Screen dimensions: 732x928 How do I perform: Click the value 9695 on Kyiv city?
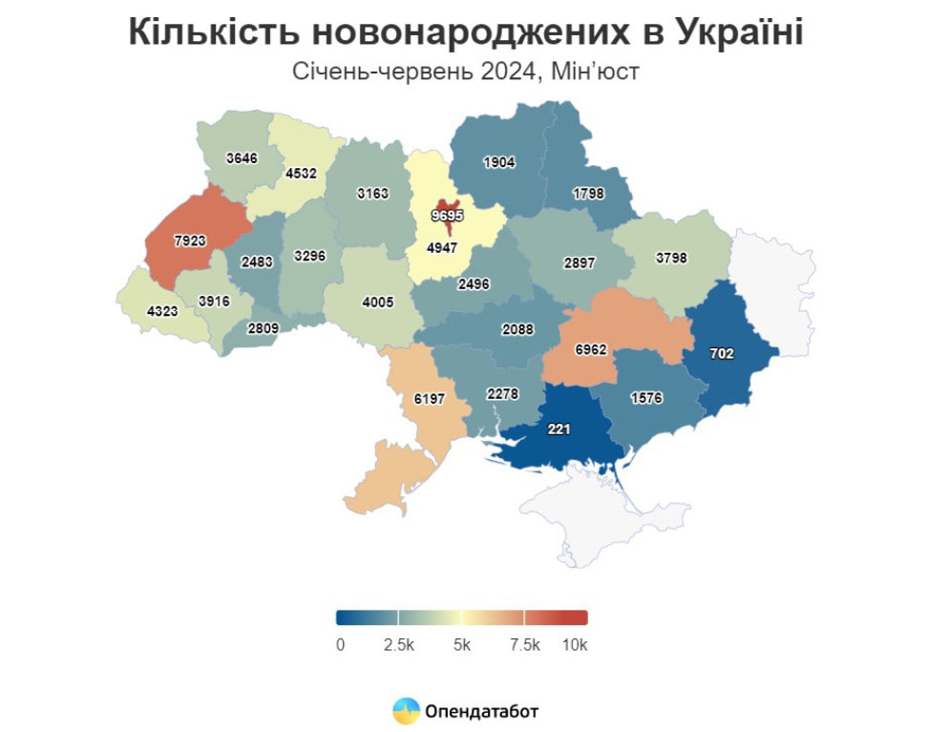click(x=447, y=216)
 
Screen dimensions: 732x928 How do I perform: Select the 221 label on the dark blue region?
click(x=559, y=429)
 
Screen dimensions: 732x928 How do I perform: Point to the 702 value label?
click(x=722, y=353)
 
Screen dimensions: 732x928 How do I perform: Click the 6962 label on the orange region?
click(x=591, y=351)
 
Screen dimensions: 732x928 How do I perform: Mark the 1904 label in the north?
click(x=498, y=162)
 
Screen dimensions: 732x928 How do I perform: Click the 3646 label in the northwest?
click(x=242, y=158)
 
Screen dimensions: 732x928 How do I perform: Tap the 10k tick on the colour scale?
click(x=575, y=645)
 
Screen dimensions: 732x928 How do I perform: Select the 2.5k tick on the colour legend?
click(x=399, y=645)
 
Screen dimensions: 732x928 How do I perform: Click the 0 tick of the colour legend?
click(x=341, y=645)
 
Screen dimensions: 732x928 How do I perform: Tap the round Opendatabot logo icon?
click(x=407, y=711)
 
